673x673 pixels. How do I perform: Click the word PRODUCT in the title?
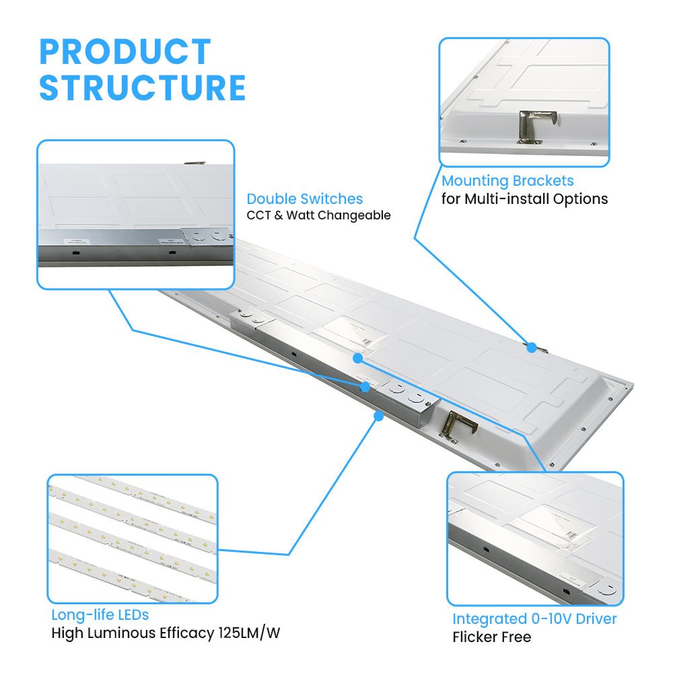(x=125, y=52)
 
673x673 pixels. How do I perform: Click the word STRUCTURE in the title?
(x=142, y=88)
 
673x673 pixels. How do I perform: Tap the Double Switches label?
(x=304, y=199)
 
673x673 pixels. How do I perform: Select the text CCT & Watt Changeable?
(x=318, y=216)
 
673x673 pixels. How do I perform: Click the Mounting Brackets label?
(x=507, y=181)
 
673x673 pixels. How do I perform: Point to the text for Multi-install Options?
(x=524, y=199)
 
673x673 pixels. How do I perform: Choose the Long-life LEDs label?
(x=100, y=615)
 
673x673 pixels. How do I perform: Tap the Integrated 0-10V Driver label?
(x=534, y=619)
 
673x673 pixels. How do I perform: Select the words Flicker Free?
(x=491, y=637)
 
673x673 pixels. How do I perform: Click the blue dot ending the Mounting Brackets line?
(x=531, y=348)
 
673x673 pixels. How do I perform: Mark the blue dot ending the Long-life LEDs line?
(x=379, y=417)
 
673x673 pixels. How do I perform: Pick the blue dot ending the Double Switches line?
(x=365, y=387)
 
